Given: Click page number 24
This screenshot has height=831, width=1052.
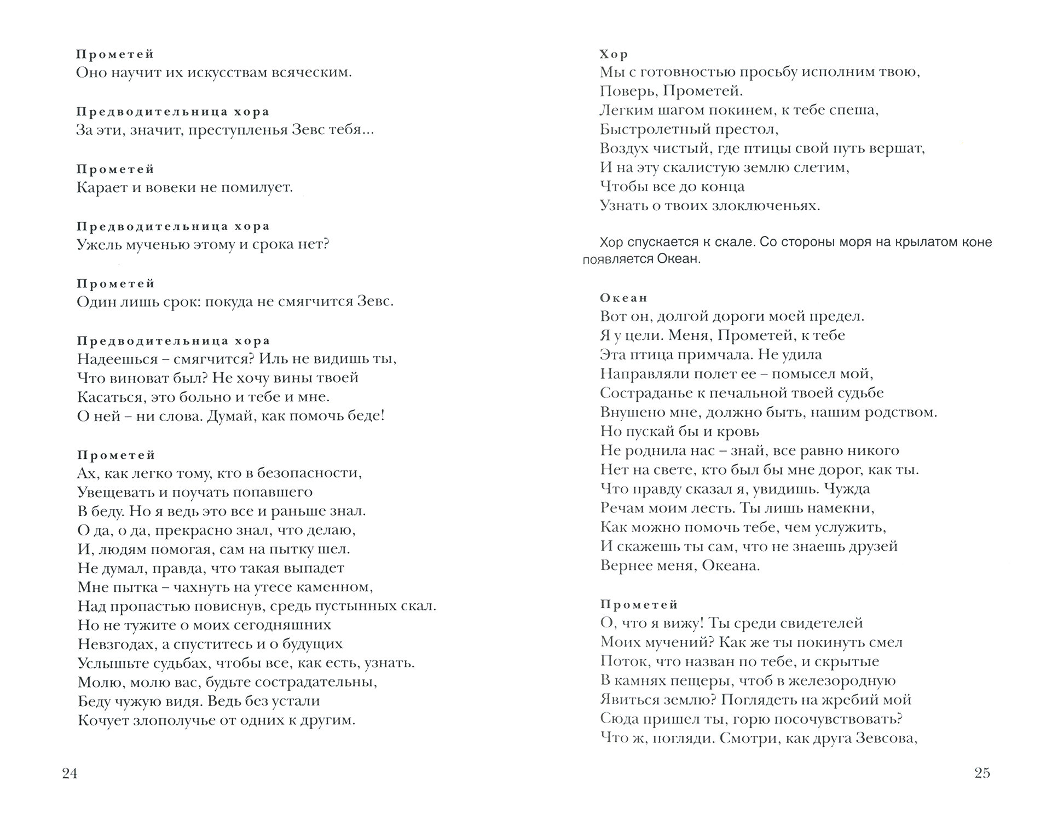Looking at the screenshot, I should [x=70, y=773].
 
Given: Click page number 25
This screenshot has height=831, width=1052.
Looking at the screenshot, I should [x=982, y=773].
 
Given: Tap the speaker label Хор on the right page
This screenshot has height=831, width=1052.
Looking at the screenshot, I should [x=614, y=54].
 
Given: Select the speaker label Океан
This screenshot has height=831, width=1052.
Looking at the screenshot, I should [x=623, y=298].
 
